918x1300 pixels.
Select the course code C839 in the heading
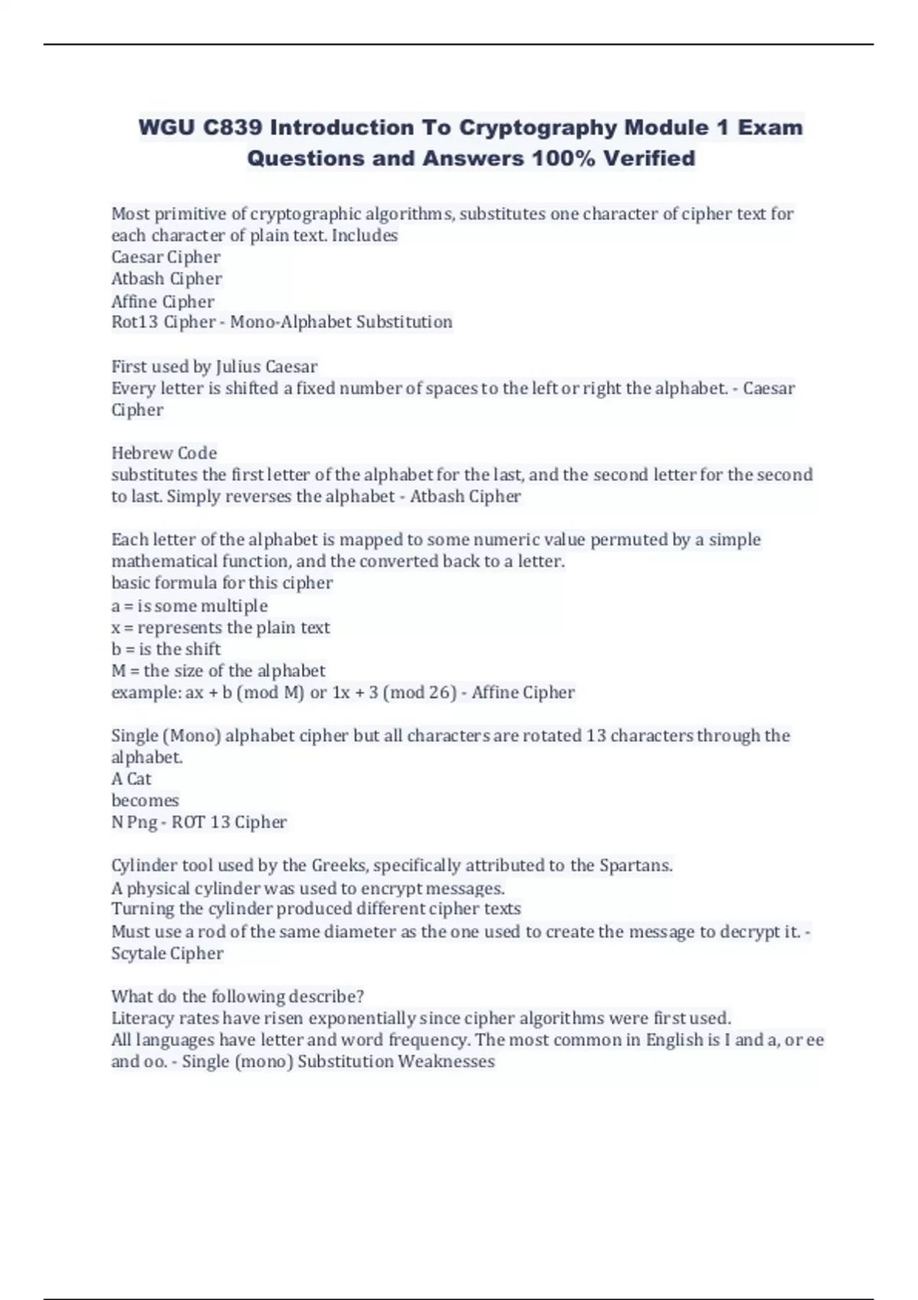(233, 128)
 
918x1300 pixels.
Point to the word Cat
(139, 779)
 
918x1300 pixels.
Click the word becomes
(145, 801)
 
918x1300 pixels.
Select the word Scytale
(137, 954)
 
